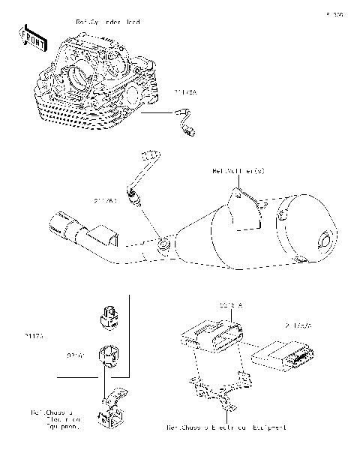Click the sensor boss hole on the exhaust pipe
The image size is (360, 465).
point(163,244)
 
